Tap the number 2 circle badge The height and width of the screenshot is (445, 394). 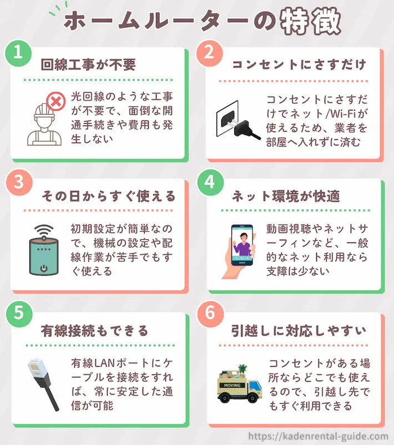tap(209, 52)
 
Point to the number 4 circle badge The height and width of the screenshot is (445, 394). tap(209, 183)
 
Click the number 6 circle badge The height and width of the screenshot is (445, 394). tap(209, 314)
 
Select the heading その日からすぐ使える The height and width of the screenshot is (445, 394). tap(109, 196)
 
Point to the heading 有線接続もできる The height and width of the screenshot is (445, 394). tap(95, 331)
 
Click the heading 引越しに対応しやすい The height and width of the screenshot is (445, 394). tap(299, 331)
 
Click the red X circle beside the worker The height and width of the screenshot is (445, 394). tap(54, 102)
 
